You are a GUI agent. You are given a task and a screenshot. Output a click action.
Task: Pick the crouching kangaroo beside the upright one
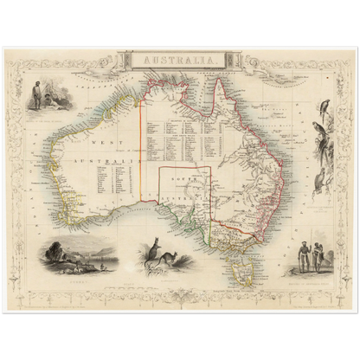[x=171, y=257]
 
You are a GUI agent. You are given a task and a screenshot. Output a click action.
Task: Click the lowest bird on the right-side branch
[x=318, y=182]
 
